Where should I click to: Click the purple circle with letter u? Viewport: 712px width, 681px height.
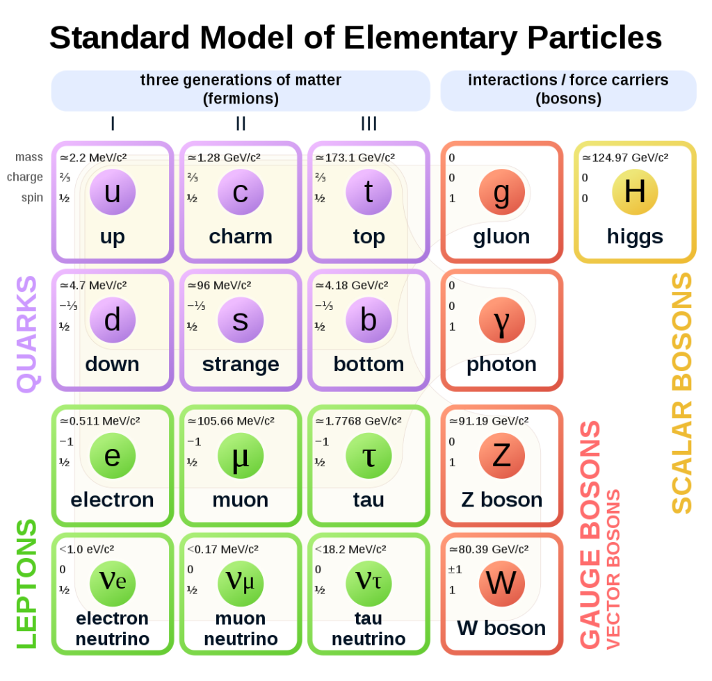(x=112, y=192)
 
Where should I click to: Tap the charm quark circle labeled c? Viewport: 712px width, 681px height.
(x=240, y=192)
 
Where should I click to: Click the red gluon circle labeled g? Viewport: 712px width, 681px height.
(x=501, y=192)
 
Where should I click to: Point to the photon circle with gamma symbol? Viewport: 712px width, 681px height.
(x=501, y=320)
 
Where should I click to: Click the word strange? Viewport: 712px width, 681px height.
(x=241, y=364)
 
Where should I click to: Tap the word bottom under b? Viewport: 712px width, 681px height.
(x=369, y=364)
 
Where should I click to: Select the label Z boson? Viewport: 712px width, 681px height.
(x=501, y=500)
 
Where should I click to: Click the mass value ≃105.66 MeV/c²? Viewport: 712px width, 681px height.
(x=230, y=421)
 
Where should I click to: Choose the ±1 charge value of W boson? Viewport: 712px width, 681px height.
(x=455, y=570)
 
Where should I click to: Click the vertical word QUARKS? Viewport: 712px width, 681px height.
(x=27, y=334)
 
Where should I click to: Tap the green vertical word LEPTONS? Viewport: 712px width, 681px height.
(x=27, y=584)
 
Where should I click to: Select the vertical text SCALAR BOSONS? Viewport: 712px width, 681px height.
(x=682, y=393)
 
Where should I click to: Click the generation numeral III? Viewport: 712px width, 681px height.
(x=369, y=124)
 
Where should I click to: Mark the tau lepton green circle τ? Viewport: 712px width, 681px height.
(x=369, y=456)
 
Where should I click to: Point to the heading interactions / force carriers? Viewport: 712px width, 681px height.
(x=568, y=81)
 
